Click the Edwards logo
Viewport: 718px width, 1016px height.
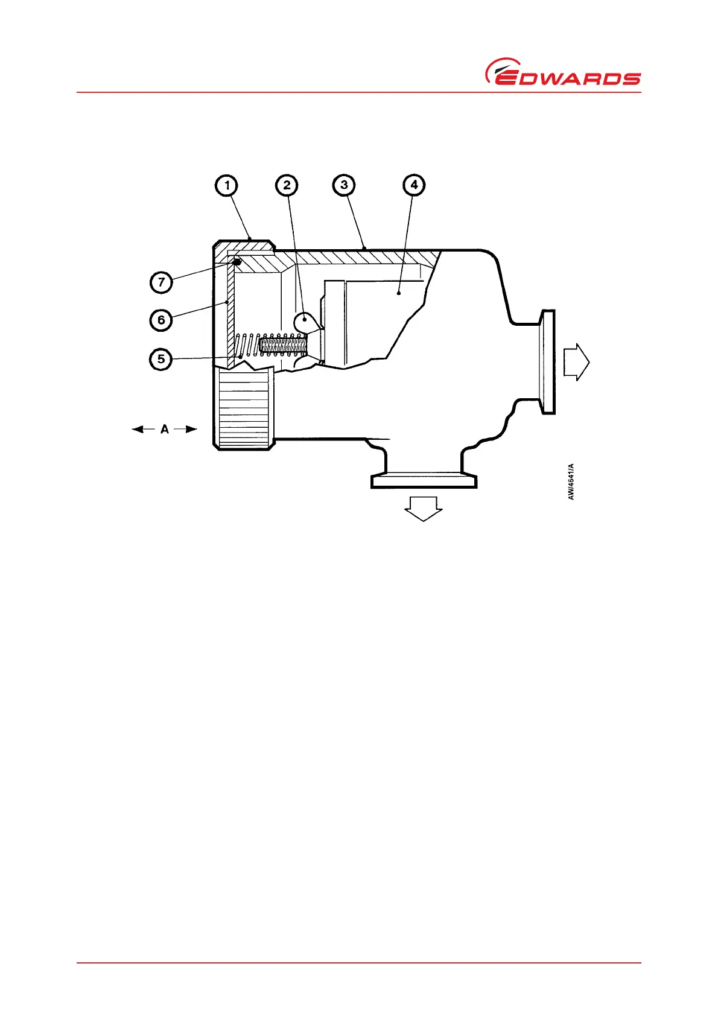pos(563,72)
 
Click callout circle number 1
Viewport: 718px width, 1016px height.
pos(227,185)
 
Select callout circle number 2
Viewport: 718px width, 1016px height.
pos(287,185)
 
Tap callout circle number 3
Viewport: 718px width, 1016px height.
pos(344,185)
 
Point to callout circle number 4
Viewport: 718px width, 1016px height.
pos(414,185)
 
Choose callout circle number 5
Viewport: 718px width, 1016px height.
pos(161,359)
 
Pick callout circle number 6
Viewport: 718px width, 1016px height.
pos(161,320)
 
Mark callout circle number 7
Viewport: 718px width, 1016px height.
pos(161,282)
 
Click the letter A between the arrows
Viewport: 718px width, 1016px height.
pos(164,430)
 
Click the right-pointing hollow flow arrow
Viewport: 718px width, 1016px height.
pos(576,362)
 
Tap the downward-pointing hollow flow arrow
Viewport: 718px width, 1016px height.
pos(423,507)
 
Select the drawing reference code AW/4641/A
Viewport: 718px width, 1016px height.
pos(571,481)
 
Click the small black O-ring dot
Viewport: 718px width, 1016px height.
pos(238,262)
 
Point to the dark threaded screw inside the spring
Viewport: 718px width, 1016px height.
pos(283,346)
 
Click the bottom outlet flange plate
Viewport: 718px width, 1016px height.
pos(424,481)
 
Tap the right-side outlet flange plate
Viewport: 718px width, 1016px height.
pos(548,362)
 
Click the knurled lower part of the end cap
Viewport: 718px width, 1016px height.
pos(243,408)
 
